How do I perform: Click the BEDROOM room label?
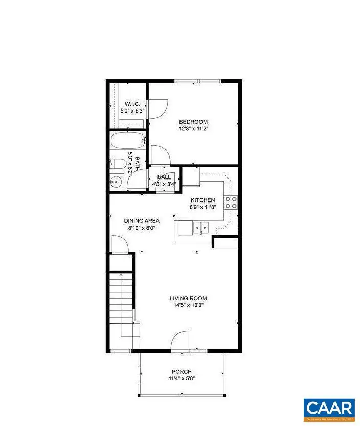pos(193,121)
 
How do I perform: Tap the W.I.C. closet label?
pos(129,104)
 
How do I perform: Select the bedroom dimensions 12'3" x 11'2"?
pos(193,129)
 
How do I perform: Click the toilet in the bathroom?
pos(118,164)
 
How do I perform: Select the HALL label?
pos(164,177)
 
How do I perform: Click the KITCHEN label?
pos(203,200)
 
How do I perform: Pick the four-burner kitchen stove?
pos(231,203)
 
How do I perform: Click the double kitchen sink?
pos(199,227)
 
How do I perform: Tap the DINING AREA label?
pos(142,221)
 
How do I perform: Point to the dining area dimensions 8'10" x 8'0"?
pos(142,229)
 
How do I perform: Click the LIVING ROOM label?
pos(189,298)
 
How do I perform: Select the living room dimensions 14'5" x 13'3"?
pos(189,305)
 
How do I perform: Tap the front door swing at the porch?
pos(180,341)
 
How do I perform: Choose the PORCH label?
pos(182,372)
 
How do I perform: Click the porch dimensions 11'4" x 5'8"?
pos(182,379)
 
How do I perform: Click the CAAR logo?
pos(329,408)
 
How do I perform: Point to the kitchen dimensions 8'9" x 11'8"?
pos(203,208)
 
